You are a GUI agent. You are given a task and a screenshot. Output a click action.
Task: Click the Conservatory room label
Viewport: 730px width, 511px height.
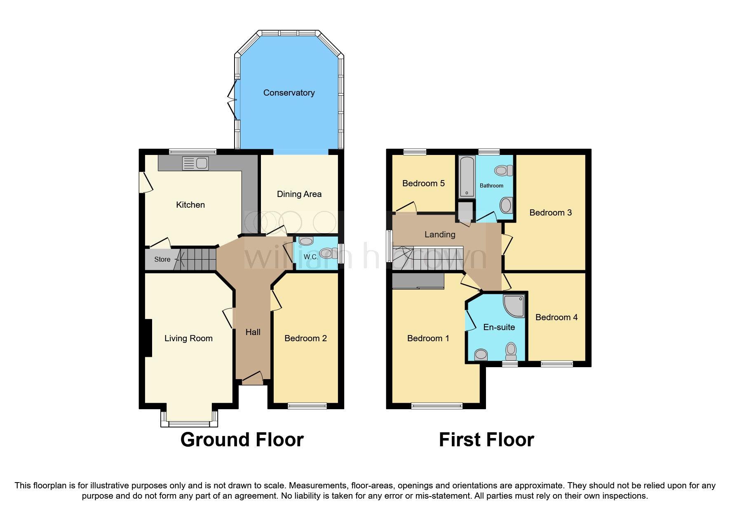[289, 93]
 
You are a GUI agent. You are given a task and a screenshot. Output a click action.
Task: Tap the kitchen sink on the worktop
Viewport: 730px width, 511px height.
[196, 164]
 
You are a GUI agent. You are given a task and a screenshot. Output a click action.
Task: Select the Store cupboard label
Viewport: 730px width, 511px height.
[162, 259]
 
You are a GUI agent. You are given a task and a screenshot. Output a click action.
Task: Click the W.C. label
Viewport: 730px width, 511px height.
[310, 257]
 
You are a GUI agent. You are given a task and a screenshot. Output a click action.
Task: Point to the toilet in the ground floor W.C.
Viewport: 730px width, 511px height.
[328, 253]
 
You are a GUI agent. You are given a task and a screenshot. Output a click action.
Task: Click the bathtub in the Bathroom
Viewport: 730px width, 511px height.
[467, 177]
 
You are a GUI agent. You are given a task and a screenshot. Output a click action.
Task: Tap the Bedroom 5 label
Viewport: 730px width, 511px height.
[423, 183]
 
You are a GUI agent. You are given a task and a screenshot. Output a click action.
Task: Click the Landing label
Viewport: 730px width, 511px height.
[440, 234]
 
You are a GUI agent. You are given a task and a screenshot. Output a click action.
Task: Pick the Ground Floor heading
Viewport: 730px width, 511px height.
[242, 440]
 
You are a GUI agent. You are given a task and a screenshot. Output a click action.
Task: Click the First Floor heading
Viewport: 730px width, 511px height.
[486, 440]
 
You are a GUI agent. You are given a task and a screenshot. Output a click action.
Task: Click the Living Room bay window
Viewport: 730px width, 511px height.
[189, 423]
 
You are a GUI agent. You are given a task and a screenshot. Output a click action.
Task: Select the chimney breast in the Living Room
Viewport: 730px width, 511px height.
[148, 338]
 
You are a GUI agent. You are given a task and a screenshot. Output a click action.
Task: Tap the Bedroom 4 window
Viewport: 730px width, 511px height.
[556, 363]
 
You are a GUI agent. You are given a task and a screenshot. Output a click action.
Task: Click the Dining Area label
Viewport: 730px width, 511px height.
[299, 194]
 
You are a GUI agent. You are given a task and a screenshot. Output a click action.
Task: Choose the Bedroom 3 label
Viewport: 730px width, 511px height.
[550, 213]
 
